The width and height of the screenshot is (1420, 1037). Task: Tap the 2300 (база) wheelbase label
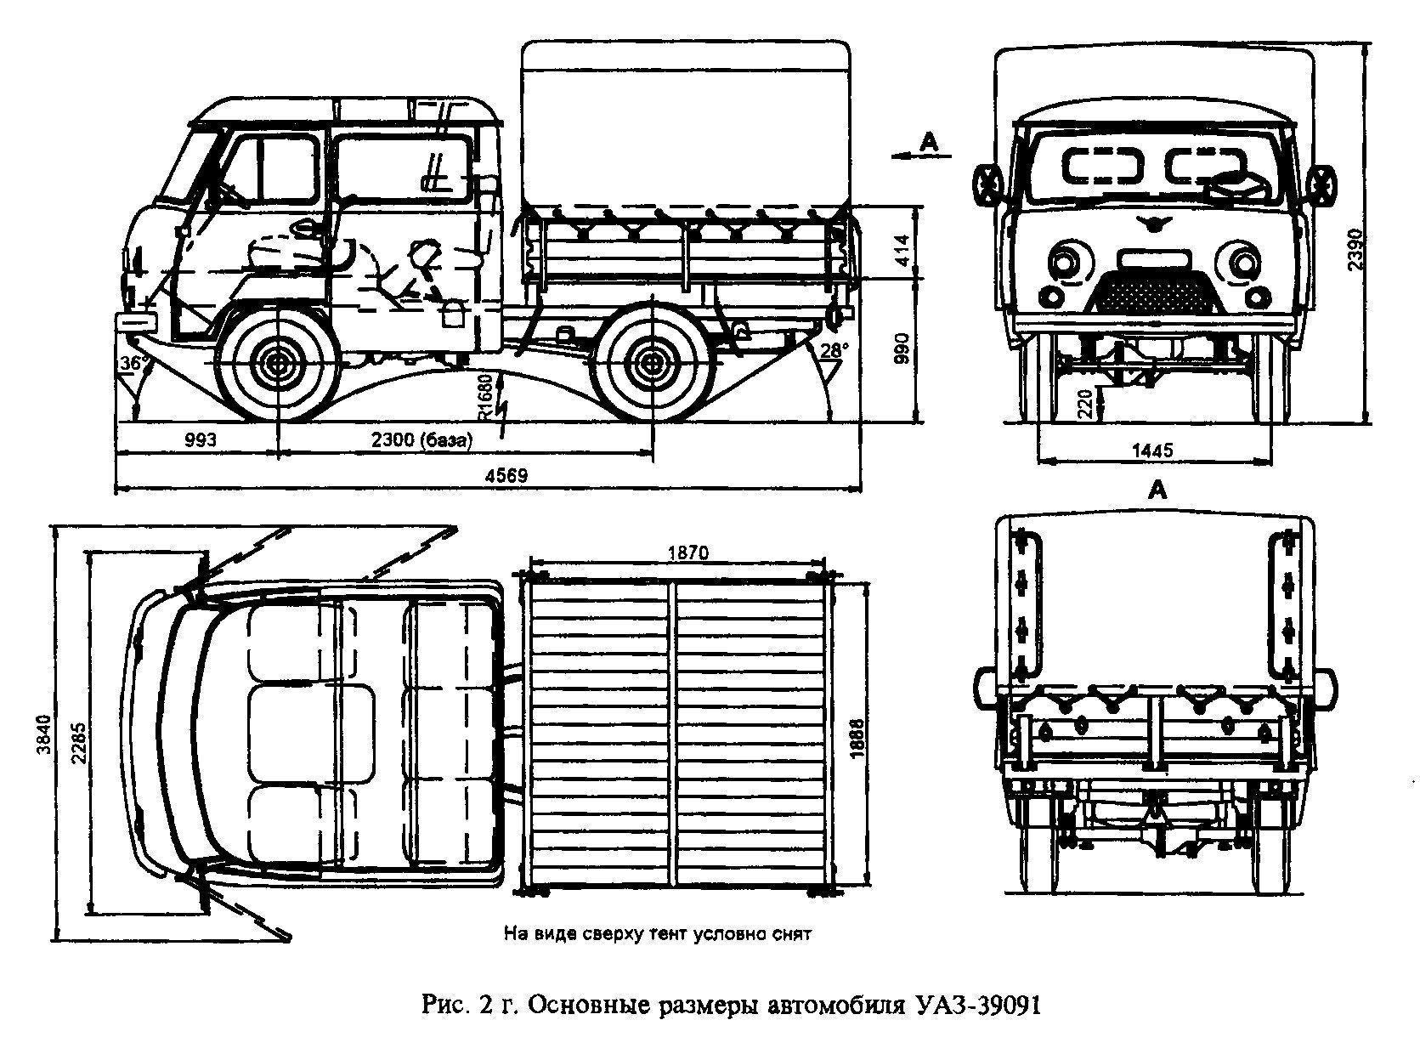(421, 440)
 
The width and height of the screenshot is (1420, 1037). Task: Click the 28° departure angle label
(834, 349)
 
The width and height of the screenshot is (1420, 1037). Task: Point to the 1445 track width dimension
(1152, 450)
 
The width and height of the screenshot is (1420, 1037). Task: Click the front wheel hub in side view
(278, 364)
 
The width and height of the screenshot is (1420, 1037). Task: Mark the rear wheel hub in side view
(651, 364)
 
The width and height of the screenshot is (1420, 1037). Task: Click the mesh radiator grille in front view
(1153, 290)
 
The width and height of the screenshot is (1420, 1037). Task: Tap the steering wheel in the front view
(1234, 181)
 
